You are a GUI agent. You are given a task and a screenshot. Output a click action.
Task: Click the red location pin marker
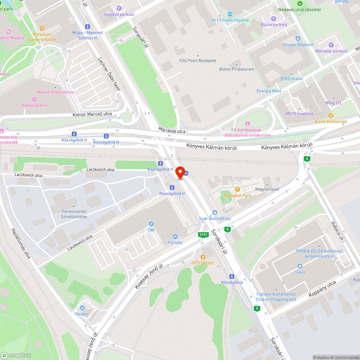click(x=180, y=173)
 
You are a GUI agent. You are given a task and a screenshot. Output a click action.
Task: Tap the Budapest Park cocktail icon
click(x=237, y=189)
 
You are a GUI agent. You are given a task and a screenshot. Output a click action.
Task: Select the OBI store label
click(x=151, y=229)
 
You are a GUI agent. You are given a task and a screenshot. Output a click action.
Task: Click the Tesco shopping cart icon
click(x=300, y=266)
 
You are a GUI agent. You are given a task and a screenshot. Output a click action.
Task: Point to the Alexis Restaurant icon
click(x=330, y=115)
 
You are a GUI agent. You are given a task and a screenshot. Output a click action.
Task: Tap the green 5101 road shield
click(x=203, y=235)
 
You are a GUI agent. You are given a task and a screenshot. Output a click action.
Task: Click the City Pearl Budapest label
click(x=198, y=60)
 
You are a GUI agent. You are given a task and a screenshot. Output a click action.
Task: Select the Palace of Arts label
click(x=35, y=105)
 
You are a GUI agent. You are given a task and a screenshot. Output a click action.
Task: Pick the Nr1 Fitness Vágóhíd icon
click(x=230, y=14)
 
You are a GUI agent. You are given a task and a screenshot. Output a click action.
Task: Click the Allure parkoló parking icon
click(x=273, y=19)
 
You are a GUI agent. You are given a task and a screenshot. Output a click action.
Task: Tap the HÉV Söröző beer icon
click(x=203, y=257)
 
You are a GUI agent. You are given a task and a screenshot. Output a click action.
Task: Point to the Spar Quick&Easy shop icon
click(x=215, y=212)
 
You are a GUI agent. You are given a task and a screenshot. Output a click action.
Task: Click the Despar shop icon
click(x=82, y=308)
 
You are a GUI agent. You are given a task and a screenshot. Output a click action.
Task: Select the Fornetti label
click(x=175, y=243)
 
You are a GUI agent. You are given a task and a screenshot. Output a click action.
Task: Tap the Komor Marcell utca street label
click(x=93, y=114)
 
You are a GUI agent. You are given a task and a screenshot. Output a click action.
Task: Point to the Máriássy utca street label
click(x=172, y=130)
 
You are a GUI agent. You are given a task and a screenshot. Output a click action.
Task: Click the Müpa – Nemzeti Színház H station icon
click(x=87, y=27)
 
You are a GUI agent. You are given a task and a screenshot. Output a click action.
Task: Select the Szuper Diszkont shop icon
click(x=298, y=39)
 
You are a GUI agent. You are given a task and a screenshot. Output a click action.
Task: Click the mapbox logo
click(x=16, y=355)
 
